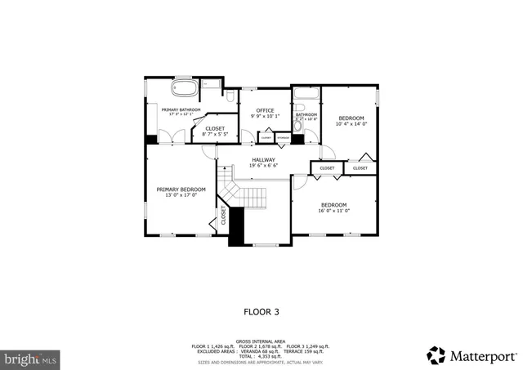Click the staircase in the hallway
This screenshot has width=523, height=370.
point(245,197)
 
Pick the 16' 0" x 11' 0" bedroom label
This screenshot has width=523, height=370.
point(333,207)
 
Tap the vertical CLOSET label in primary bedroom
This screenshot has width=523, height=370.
point(222,216)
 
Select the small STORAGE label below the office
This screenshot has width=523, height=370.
point(282,138)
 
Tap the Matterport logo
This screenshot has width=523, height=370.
point(472,355)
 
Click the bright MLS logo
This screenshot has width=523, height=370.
point(30,358)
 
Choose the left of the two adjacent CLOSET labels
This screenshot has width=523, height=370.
point(327,168)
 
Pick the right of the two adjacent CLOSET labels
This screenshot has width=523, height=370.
point(360,168)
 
